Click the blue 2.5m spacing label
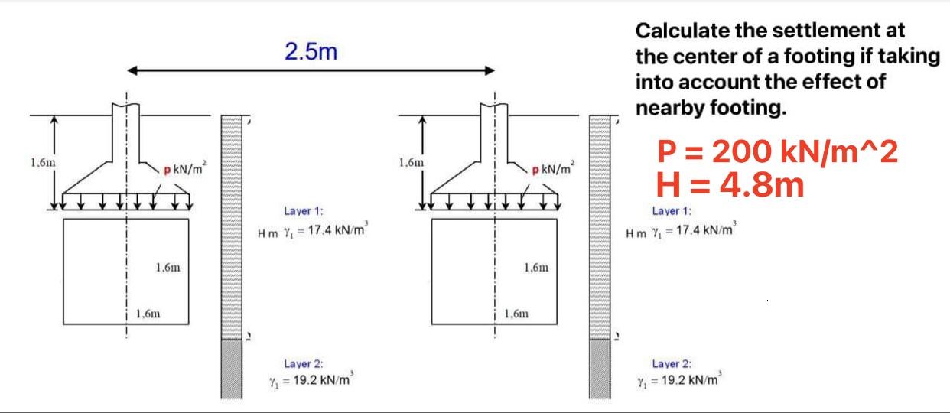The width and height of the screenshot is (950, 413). (x=311, y=52)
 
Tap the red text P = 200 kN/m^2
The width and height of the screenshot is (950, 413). (x=777, y=151)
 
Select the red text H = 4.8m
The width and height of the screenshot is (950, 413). (x=730, y=185)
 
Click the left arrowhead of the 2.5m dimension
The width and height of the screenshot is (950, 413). (x=132, y=70)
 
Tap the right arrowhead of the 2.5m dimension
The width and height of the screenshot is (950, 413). (x=490, y=70)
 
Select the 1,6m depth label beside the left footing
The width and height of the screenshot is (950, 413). (x=43, y=162)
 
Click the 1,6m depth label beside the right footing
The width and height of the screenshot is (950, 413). (x=411, y=162)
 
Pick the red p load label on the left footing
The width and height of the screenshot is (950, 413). (x=167, y=171)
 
